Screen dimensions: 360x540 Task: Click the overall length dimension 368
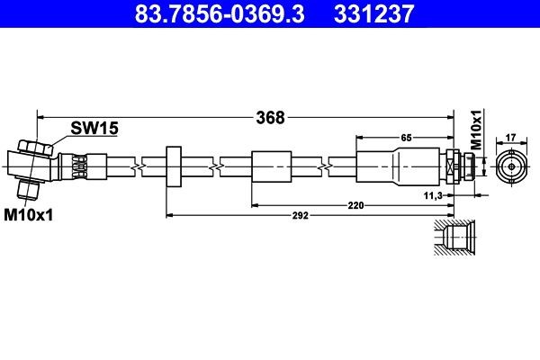click(x=270, y=117)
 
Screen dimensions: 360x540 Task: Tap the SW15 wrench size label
click(x=95, y=129)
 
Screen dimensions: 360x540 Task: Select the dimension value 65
click(x=405, y=138)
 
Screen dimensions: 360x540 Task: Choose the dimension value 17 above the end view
click(x=510, y=138)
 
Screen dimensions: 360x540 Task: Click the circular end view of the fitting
click(x=510, y=166)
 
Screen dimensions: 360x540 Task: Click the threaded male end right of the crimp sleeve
click(x=459, y=166)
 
